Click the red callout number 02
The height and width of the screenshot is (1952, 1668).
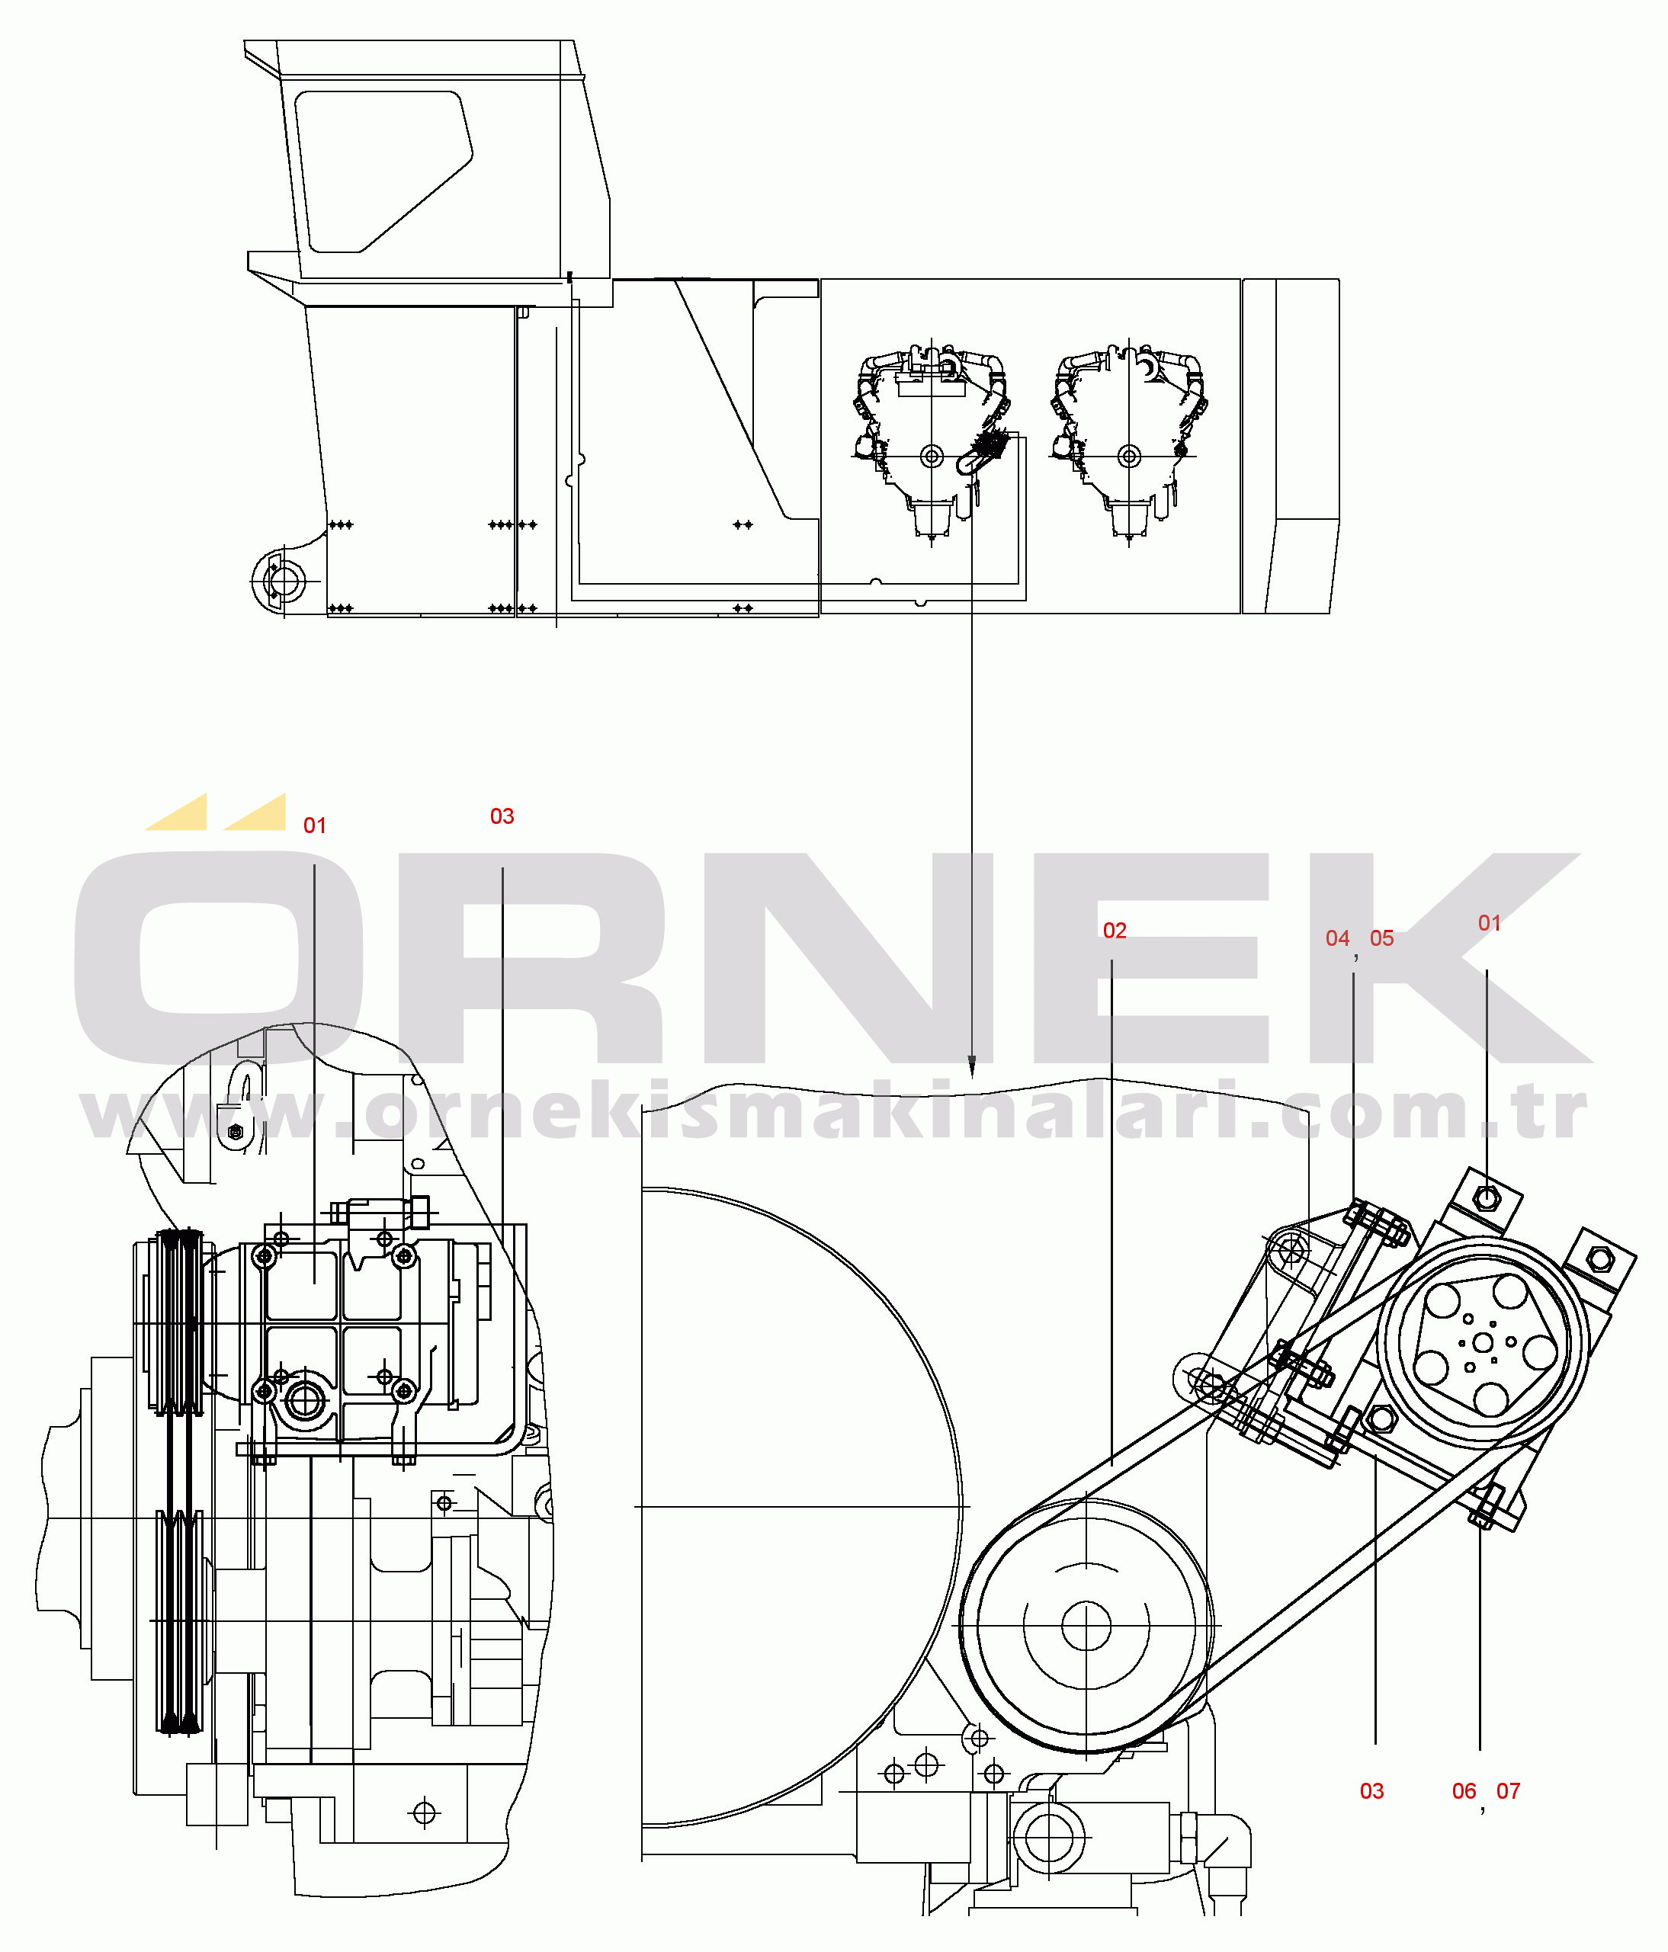pyautogui.click(x=1114, y=931)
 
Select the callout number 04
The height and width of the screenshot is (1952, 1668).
pyautogui.click(x=1337, y=938)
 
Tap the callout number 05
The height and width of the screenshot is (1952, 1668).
pyautogui.click(x=1381, y=938)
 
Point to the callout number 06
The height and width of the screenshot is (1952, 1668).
pyautogui.click(x=1464, y=1791)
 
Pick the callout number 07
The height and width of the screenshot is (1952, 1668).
pyautogui.click(x=1508, y=1791)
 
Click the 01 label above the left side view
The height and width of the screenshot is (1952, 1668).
pyautogui.click(x=314, y=826)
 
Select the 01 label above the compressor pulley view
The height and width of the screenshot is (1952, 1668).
pyautogui.click(x=1489, y=923)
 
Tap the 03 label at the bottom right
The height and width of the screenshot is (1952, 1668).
pyautogui.click(x=1371, y=1791)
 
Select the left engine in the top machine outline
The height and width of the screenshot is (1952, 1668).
pyautogui.click(x=931, y=443)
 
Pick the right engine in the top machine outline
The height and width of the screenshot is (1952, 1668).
pyautogui.click(x=1129, y=443)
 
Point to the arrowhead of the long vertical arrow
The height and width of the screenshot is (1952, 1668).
pyautogui.click(x=971, y=1066)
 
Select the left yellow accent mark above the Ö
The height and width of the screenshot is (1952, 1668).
pyautogui.click(x=176, y=812)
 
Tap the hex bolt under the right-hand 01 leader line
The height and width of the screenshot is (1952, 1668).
pyautogui.click(x=1486, y=1198)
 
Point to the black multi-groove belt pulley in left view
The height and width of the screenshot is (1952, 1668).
pyautogui.click(x=179, y=1481)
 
